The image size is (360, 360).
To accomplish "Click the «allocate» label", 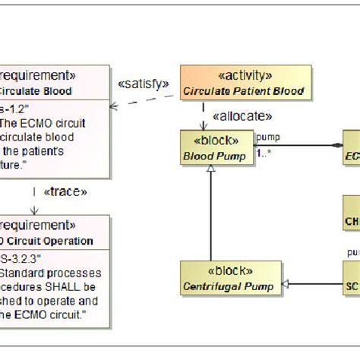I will coord(242,116).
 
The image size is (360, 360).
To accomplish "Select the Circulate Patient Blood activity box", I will coord(245,84).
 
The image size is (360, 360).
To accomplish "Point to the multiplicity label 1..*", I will coord(264,153).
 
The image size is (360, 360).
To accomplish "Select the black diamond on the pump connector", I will coord(337,144).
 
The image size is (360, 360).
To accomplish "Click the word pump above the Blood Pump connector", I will coord(269,137).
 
